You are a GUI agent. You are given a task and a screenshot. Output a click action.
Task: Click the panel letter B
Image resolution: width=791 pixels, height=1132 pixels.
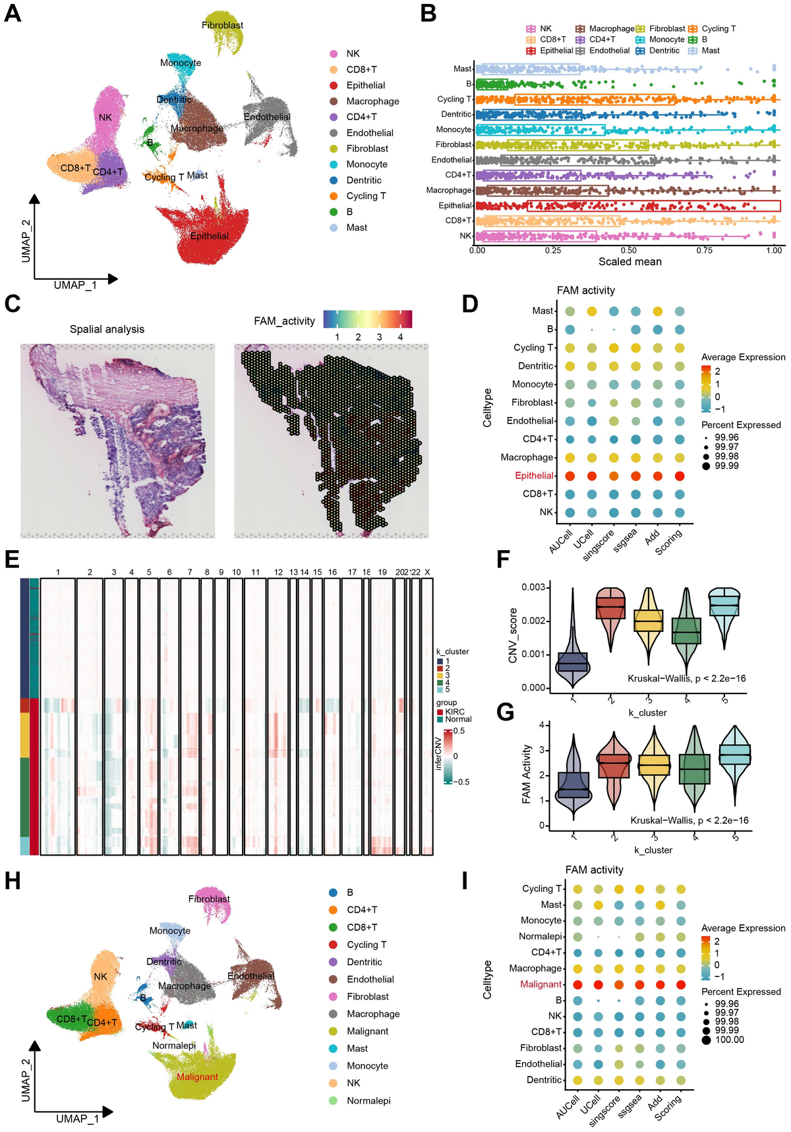[x=428, y=13]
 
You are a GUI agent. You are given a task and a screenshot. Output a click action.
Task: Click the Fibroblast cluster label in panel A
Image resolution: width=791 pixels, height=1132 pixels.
[x=222, y=25]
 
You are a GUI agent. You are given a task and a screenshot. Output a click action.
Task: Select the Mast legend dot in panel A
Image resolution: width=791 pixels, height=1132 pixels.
[x=334, y=228]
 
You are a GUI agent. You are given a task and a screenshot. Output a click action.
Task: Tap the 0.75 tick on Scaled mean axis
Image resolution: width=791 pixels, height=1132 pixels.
[x=705, y=251]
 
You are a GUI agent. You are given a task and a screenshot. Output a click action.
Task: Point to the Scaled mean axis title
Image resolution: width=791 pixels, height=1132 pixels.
[x=630, y=262]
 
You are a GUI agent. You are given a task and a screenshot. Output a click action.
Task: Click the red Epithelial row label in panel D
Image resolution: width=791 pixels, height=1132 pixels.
[x=534, y=476]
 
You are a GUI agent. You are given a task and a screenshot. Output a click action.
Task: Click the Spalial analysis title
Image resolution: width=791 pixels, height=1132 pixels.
[x=107, y=329]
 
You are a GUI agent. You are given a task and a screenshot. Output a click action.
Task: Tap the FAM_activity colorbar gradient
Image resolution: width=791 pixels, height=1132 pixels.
[x=367, y=319]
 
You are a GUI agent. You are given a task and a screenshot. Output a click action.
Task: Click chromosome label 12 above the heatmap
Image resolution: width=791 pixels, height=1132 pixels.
[x=279, y=572]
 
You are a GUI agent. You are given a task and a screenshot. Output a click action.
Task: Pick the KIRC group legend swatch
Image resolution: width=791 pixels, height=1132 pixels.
[x=440, y=712]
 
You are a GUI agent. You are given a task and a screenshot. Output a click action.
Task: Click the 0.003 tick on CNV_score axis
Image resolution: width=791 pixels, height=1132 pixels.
[x=533, y=587]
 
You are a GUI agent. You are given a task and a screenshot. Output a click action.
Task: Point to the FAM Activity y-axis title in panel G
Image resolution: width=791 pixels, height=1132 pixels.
[x=526, y=774]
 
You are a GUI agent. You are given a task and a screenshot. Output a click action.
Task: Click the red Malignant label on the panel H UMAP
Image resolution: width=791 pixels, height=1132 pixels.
[x=197, y=1077]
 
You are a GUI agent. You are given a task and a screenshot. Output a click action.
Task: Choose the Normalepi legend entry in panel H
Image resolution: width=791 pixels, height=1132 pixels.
[x=368, y=1100]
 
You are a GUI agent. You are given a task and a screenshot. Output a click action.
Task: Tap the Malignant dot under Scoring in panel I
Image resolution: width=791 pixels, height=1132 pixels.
[x=680, y=984]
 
